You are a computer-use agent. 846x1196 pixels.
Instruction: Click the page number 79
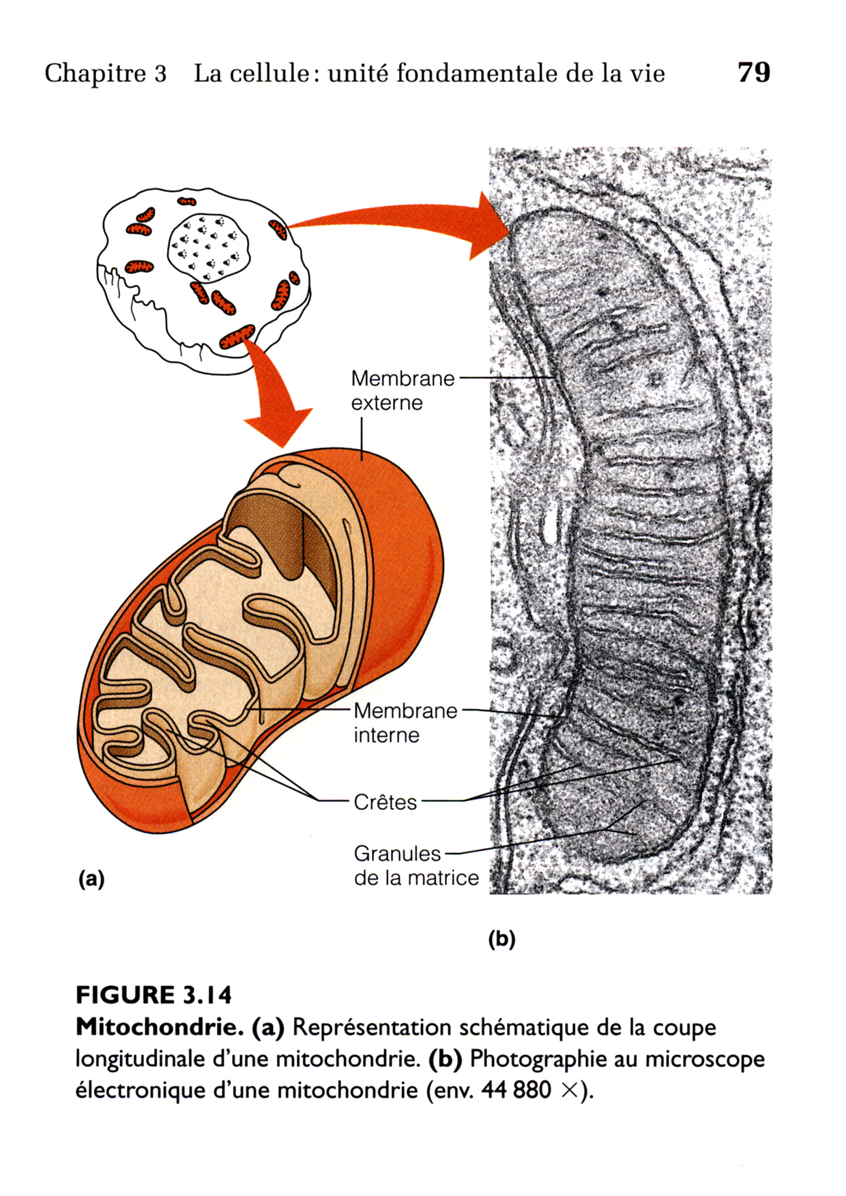pyautogui.click(x=754, y=72)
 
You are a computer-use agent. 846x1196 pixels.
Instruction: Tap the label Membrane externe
pyautogui.click(x=402, y=390)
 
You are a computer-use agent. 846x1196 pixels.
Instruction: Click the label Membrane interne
pyautogui.click(x=405, y=723)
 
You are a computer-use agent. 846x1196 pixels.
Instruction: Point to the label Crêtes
pyautogui.click(x=385, y=802)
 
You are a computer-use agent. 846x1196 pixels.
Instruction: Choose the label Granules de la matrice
pyautogui.click(x=415, y=865)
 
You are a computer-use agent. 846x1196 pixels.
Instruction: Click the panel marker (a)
pyautogui.click(x=91, y=878)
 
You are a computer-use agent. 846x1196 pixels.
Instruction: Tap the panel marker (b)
pyautogui.click(x=501, y=939)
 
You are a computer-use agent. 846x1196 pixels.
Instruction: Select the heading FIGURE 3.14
pyautogui.click(x=154, y=996)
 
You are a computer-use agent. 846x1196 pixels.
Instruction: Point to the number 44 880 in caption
pyautogui.click(x=516, y=1090)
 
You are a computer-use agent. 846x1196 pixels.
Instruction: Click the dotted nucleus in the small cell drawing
pyautogui.click(x=208, y=247)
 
